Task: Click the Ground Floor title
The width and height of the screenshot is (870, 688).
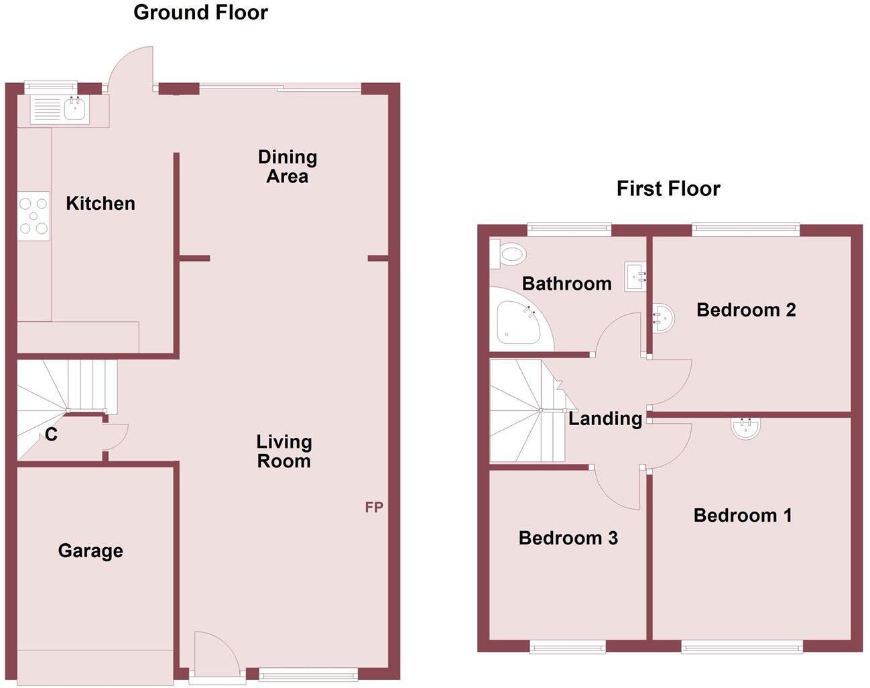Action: click(x=200, y=12)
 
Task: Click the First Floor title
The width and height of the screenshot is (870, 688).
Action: click(x=668, y=188)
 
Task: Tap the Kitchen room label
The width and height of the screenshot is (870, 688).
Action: click(x=101, y=203)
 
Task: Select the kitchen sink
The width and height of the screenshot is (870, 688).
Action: click(x=75, y=109)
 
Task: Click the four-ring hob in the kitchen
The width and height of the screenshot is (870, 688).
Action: click(x=34, y=216)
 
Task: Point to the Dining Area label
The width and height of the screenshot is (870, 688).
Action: click(x=287, y=166)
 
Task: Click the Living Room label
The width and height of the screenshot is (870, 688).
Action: click(x=284, y=451)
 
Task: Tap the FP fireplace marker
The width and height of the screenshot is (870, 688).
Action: click(x=374, y=508)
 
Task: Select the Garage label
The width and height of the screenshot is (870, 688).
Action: click(x=90, y=551)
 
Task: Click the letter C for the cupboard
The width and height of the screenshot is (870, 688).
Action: click(x=51, y=435)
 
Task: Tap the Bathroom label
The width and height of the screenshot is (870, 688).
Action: click(x=566, y=284)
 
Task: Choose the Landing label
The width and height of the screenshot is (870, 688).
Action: click(x=605, y=418)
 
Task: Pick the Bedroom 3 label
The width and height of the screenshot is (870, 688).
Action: click(x=568, y=538)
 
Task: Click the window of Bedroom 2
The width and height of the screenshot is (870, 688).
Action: click(x=746, y=229)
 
